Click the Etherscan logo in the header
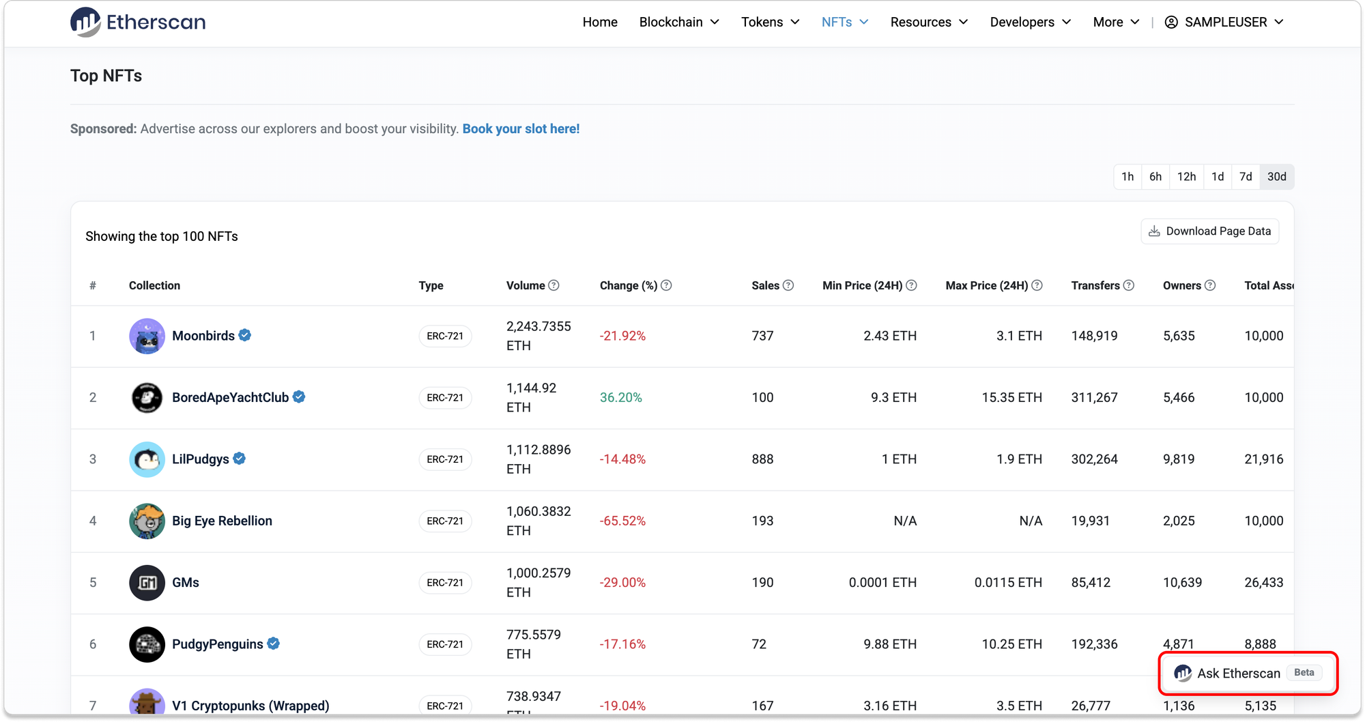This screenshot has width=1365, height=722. coord(138,22)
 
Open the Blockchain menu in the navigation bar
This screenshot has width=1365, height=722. coord(679,22)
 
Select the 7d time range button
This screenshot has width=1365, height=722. coord(1246,177)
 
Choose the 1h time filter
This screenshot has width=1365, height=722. coord(1127,177)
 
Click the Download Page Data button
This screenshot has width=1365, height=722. coord(1210,231)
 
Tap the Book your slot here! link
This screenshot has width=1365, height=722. coord(521,129)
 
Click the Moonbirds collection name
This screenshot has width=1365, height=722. coord(203,336)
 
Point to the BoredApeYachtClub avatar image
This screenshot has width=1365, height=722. coord(147,398)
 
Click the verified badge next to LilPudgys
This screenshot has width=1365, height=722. coord(240,459)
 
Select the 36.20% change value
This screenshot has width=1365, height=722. coord(620,398)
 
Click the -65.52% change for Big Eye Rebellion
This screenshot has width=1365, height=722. coord(622,521)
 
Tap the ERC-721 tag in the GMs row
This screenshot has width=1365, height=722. coord(445,583)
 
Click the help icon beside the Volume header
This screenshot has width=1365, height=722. coord(554,285)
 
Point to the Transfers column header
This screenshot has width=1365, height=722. coord(1095,285)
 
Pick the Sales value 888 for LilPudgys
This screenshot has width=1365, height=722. coord(762,459)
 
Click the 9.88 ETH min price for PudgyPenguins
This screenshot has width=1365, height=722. coord(890,644)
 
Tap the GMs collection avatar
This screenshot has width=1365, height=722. coord(147,583)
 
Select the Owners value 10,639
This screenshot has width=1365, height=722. coord(1182,583)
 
